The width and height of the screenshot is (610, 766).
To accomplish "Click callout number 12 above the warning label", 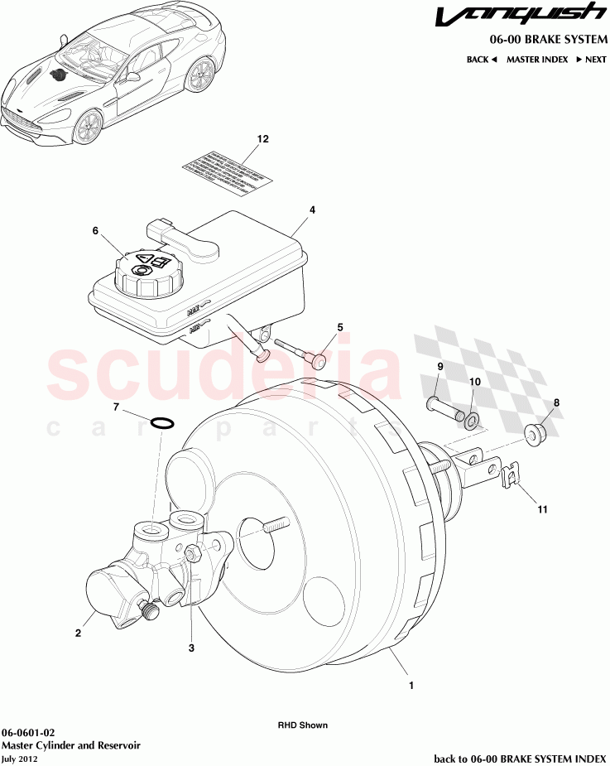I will [x=262, y=139].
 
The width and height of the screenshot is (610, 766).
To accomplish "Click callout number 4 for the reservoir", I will [x=312, y=210].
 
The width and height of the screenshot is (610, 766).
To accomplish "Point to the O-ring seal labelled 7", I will [x=164, y=425].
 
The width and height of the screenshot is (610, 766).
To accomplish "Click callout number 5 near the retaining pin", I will [x=339, y=327].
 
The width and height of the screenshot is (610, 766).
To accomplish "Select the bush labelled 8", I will [x=536, y=433].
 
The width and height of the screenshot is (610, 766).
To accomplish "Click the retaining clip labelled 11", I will [x=513, y=478].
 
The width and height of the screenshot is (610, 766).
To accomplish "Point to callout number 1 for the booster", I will [x=411, y=685].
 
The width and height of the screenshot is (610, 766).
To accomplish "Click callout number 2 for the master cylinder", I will [x=78, y=634].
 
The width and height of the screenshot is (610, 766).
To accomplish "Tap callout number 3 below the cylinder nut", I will [x=191, y=648].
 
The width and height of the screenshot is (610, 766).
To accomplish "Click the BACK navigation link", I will [x=481, y=60].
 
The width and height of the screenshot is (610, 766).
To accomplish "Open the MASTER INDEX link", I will [x=536, y=60].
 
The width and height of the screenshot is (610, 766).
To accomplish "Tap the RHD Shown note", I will [x=302, y=725].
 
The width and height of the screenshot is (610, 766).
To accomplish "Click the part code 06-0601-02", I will [x=28, y=733].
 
